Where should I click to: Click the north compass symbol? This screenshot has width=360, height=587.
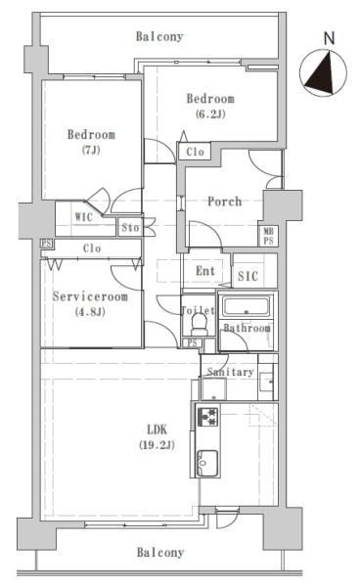coord(324,73)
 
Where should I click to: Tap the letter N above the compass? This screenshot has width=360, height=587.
coord(329,38)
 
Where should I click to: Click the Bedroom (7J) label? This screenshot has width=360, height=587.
coord(91,142)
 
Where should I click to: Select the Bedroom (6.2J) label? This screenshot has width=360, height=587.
coord(210,106)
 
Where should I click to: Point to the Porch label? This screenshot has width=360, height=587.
coord(225,202)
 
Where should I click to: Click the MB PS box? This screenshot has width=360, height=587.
coord(268,236)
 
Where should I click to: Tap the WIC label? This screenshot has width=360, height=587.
coord(83,217)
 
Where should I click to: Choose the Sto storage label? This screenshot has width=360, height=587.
coord(130,227)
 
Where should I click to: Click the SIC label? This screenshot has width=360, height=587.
coord(247,276)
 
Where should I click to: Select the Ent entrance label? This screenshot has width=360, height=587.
coord(205,271)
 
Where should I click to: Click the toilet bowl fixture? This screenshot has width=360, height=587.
coord(199,324)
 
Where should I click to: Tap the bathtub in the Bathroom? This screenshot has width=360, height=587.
coord(246,307)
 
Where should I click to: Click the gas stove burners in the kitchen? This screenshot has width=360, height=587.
coord(207,417)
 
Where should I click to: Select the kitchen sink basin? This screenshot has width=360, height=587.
coord(207,463)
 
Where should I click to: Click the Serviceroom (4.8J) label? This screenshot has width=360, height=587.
coord(90,304)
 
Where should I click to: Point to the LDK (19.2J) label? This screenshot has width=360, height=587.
coord(157,437)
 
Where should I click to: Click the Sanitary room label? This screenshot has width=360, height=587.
coord(230,372)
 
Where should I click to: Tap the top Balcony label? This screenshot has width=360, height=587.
coord(159,36)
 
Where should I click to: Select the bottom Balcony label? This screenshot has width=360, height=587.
coord(160,552)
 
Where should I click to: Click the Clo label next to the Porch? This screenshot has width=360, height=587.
coord(196,152)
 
